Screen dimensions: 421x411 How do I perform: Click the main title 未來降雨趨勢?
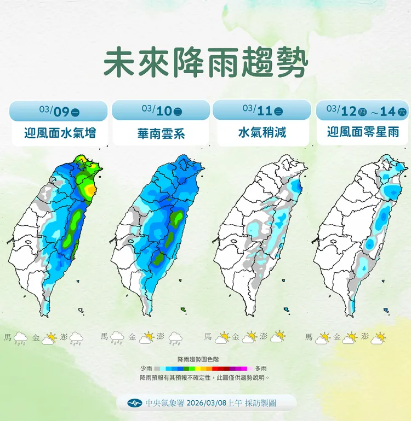206,63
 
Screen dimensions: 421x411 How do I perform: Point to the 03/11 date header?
262,110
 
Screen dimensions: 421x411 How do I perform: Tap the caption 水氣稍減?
262,132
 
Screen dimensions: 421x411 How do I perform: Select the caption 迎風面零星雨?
363,132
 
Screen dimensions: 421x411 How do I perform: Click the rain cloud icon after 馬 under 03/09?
21,338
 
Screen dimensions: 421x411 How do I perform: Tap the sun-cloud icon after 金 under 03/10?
146,338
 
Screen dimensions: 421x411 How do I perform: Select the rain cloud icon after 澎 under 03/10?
175,338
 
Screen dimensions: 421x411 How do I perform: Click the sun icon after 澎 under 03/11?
278,337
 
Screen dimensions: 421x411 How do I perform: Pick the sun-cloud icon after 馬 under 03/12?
323,338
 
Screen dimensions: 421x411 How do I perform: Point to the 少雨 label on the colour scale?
146,369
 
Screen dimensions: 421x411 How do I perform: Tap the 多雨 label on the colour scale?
261,369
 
